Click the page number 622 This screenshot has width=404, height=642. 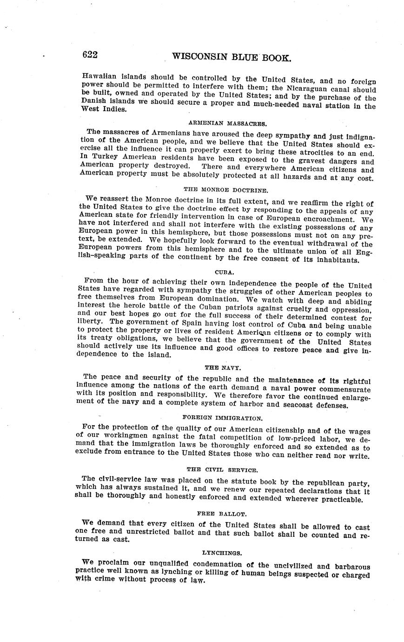[90, 55]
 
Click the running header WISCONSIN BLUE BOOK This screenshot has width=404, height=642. [232, 57]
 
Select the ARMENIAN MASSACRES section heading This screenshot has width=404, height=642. [227, 124]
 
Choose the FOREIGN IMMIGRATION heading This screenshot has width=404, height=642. [223, 418]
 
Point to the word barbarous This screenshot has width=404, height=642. [347, 567]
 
